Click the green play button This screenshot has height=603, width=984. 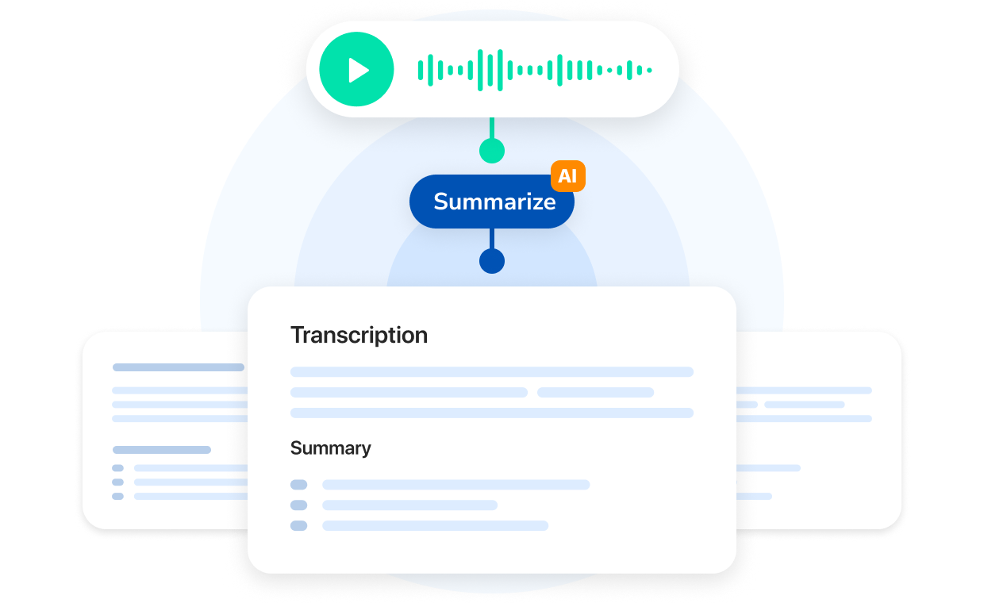pos(356,69)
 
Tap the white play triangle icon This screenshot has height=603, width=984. pos(359,70)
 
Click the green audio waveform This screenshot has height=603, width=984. pos(535,70)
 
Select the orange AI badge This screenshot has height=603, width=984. pos(567,176)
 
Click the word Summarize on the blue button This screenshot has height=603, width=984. pos(494,202)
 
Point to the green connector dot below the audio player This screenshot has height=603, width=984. pos(492,151)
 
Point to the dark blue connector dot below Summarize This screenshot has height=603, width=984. pos(492,261)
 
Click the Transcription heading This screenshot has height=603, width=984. pos(359,335)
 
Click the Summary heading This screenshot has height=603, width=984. pos(330,448)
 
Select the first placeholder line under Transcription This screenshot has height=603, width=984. pos(492,371)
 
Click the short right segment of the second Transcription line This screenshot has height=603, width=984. pos(595,392)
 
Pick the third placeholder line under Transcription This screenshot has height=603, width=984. pos(492,413)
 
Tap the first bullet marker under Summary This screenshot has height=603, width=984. pos(298,485)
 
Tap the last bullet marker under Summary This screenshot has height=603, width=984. pos(298,525)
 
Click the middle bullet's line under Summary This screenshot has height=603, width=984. pos(409,505)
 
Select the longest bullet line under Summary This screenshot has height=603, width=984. pos(455,485)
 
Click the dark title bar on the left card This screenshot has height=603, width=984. pos(179,367)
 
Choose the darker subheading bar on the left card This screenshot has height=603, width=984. pos(162,450)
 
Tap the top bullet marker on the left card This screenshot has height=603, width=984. pos(117,468)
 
